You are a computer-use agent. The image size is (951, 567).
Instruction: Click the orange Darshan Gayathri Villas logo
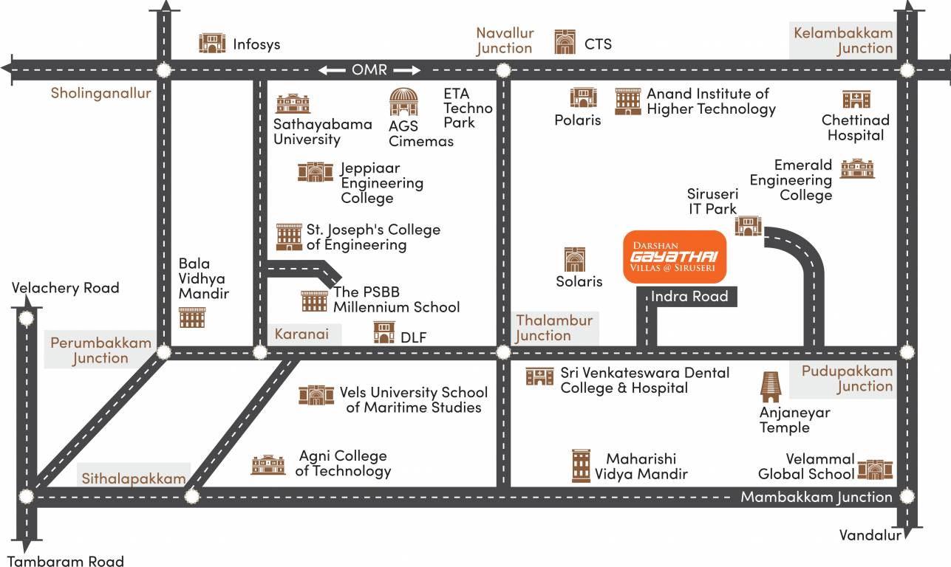[x=674, y=257]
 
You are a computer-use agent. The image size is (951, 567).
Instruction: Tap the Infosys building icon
[x=212, y=44]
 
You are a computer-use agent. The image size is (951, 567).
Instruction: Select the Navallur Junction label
[x=504, y=41]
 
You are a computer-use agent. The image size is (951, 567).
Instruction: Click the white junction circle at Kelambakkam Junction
[x=907, y=71]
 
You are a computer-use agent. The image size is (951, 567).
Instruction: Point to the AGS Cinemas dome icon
[x=403, y=102]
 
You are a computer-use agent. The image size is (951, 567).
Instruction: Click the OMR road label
[x=369, y=69]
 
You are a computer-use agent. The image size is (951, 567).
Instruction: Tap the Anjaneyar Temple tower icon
[x=771, y=387]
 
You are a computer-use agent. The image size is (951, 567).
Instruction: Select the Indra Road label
[x=689, y=297]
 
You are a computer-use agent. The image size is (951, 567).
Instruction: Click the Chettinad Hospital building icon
[x=856, y=100]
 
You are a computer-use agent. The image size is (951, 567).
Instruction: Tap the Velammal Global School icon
[x=875, y=469]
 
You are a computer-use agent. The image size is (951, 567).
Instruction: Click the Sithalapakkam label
[x=134, y=478]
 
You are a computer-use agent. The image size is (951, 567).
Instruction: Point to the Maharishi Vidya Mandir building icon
[x=582, y=466]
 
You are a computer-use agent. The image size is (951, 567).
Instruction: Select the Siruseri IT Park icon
[x=748, y=226]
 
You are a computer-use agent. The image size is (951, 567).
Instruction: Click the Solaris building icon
[x=575, y=259]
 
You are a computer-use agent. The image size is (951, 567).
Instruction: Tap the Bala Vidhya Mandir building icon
[x=192, y=317]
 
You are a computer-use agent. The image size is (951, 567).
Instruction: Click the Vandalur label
[x=870, y=535]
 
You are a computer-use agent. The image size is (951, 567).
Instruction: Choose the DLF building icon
[x=384, y=333]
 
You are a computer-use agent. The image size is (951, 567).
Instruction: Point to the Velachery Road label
[x=65, y=288]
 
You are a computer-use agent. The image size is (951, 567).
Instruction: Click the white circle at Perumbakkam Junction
[x=164, y=352]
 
